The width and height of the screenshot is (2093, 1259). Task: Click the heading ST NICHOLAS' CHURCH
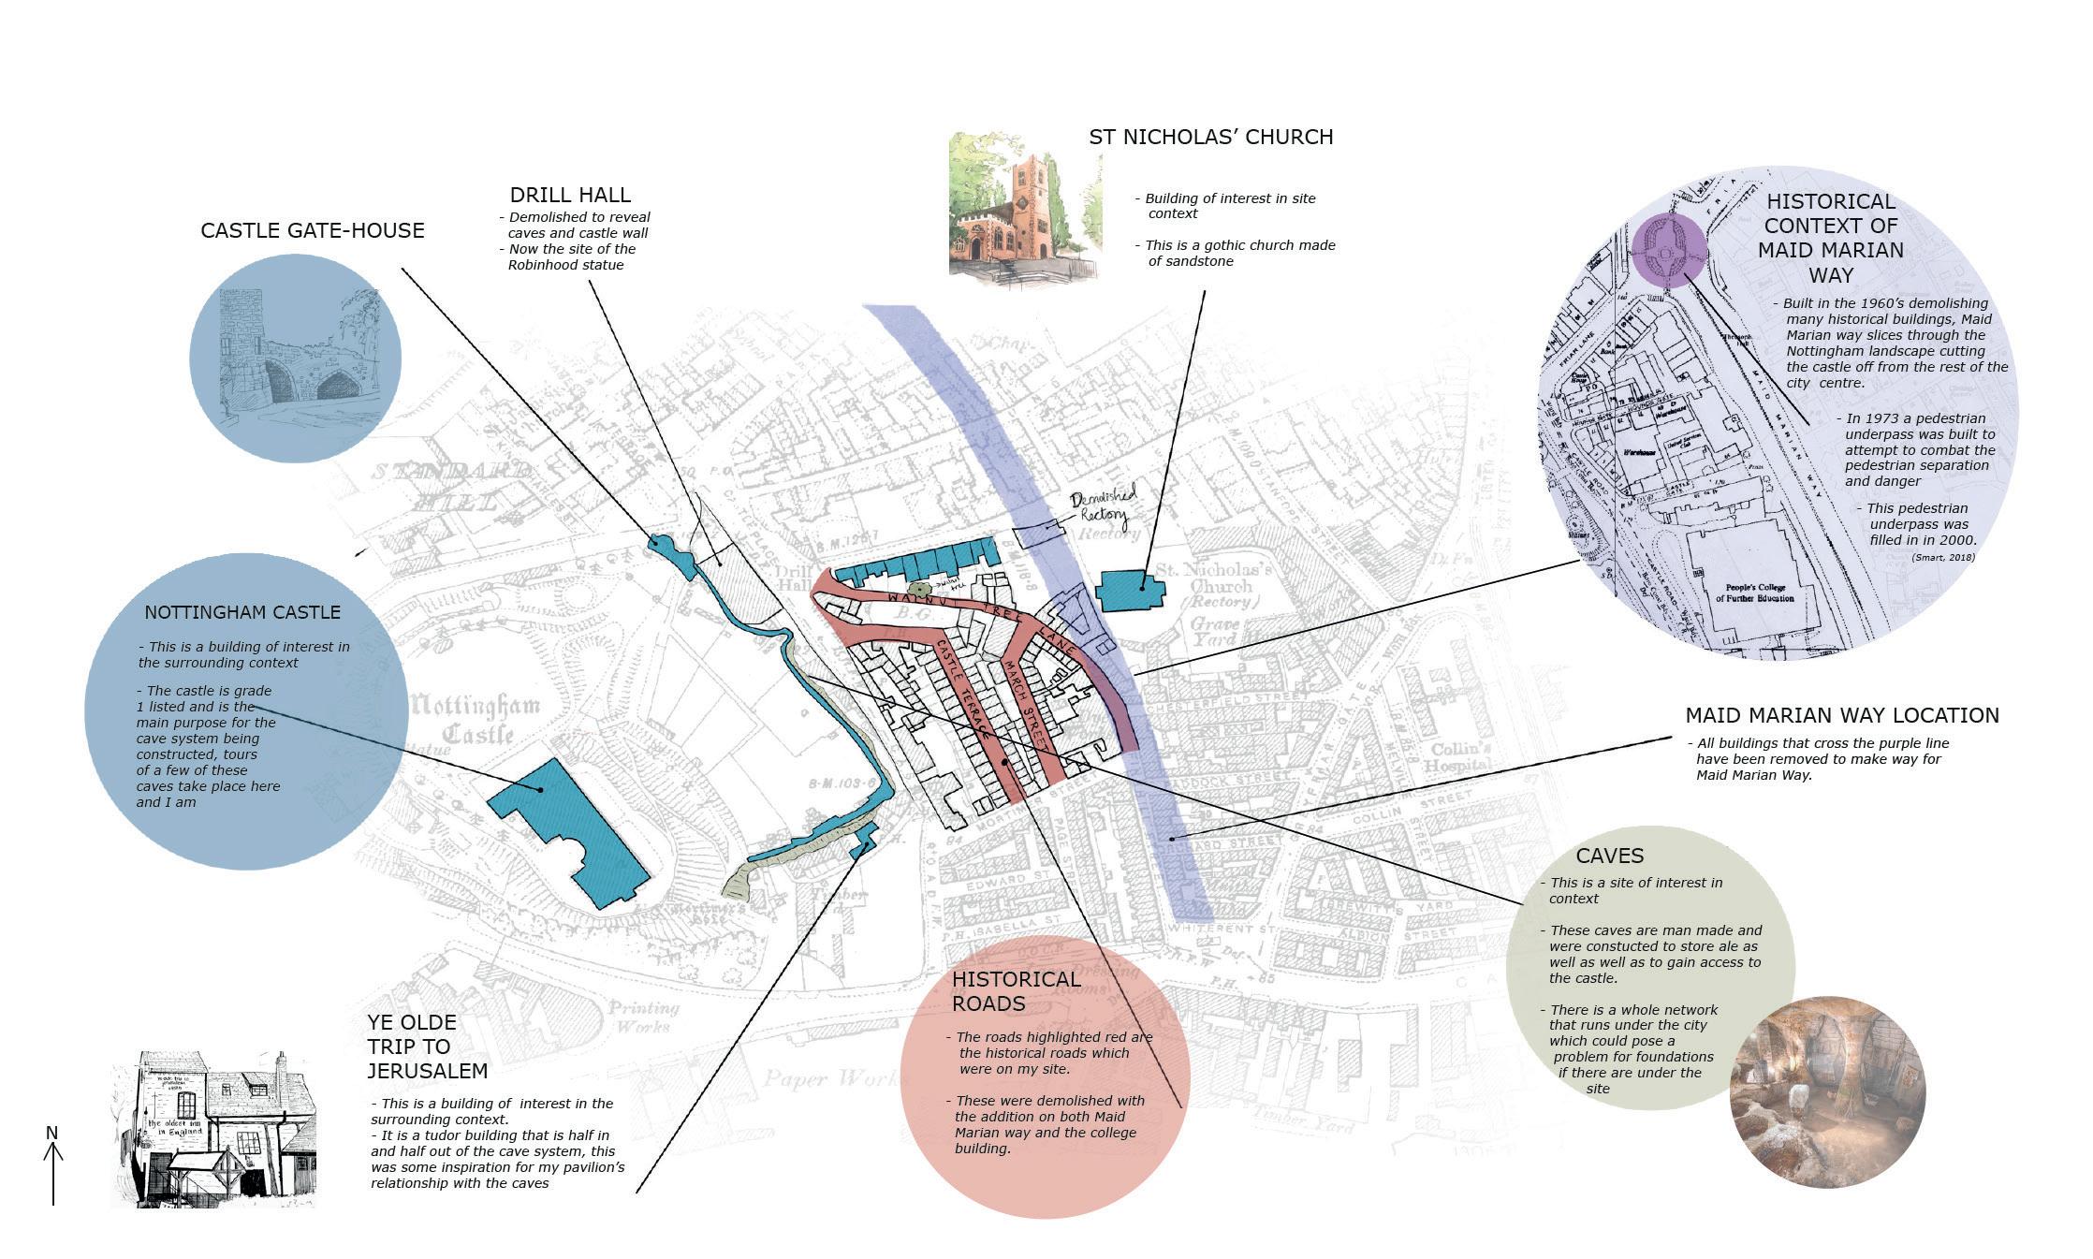point(1210,137)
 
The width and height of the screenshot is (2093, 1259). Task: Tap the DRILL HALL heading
point(570,195)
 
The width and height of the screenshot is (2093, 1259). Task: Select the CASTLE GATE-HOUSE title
point(313,230)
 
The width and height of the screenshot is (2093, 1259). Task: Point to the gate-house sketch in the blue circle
point(295,358)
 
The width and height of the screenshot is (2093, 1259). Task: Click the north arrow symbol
point(53,1165)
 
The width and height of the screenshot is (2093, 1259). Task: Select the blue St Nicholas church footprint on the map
point(1131,590)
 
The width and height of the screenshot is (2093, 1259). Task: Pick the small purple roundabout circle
point(1669,249)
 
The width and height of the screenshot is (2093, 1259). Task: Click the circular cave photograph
point(1826,1091)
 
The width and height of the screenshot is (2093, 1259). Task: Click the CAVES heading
point(1609,856)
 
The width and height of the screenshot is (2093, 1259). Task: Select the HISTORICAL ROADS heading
point(1016,991)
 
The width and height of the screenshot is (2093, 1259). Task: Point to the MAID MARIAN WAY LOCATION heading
point(1841,715)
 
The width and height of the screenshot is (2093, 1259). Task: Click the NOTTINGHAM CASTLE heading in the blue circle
point(242,612)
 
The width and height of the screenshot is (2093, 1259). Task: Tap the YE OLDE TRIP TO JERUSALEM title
point(427,1047)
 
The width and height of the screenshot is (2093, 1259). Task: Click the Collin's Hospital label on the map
point(1460,757)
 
